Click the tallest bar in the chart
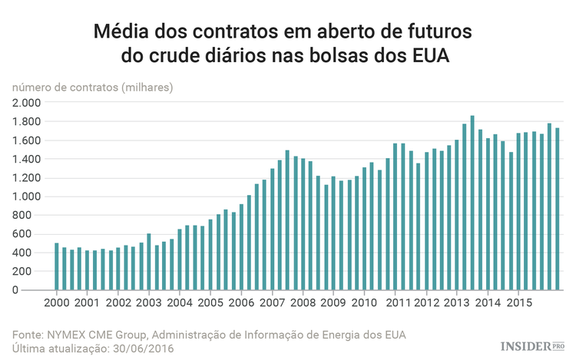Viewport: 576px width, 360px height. click(x=472, y=203)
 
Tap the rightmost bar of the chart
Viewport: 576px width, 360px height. click(x=558, y=209)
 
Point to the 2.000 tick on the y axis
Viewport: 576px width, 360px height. click(x=27, y=103)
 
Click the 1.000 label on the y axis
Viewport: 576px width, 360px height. click(x=27, y=197)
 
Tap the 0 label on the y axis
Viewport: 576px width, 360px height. click(x=36, y=290)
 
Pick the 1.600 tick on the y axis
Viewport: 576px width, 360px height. click(x=27, y=140)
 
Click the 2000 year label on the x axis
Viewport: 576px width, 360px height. click(x=57, y=302)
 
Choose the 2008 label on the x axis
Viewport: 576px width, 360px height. click(x=303, y=302)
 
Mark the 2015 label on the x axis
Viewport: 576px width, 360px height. click(x=518, y=302)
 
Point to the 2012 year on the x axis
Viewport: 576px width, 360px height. click(x=426, y=302)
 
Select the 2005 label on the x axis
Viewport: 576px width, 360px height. click(x=210, y=302)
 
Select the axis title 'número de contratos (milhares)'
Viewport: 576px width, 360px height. click(x=92, y=87)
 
